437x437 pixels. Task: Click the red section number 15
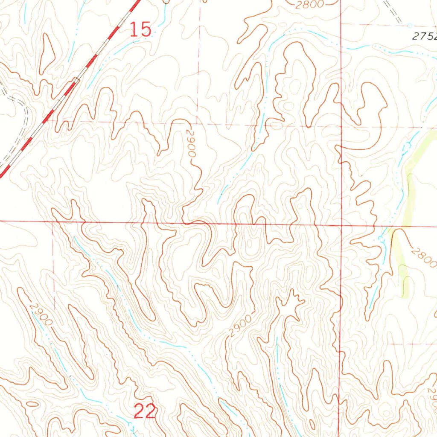pyautogui.click(x=141, y=30)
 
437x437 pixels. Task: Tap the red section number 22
pyautogui.click(x=145, y=412)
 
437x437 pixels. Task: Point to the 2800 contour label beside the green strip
pyautogui.click(x=424, y=256)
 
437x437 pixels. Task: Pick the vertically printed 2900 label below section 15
pyautogui.click(x=191, y=146)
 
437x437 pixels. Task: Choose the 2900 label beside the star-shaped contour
pyautogui.click(x=240, y=326)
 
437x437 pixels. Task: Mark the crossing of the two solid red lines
pyautogui.click(x=341, y=225)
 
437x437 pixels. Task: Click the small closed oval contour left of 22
pyautogui.click(x=31, y=403)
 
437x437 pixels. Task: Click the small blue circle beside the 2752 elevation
pyautogui.click(x=409, y=25)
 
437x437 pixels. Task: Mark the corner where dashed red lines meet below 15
pyautogui.click(x=198, y=123)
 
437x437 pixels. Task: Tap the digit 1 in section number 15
pyautogui.click(x=134, y=30)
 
